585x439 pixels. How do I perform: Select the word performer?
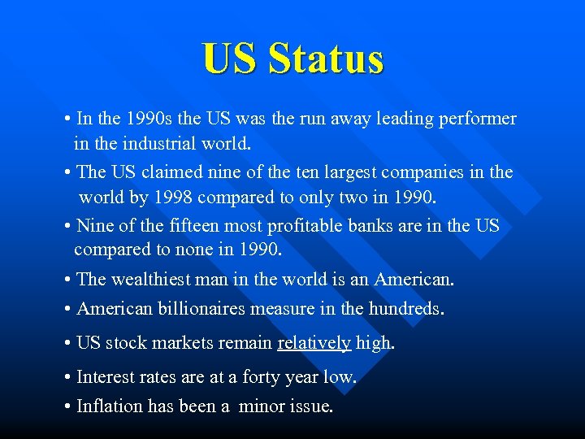[477, 119]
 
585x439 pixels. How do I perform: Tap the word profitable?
[310, 224]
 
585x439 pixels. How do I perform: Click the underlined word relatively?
[314, 343]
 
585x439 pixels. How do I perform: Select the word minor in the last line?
[262, 406]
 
